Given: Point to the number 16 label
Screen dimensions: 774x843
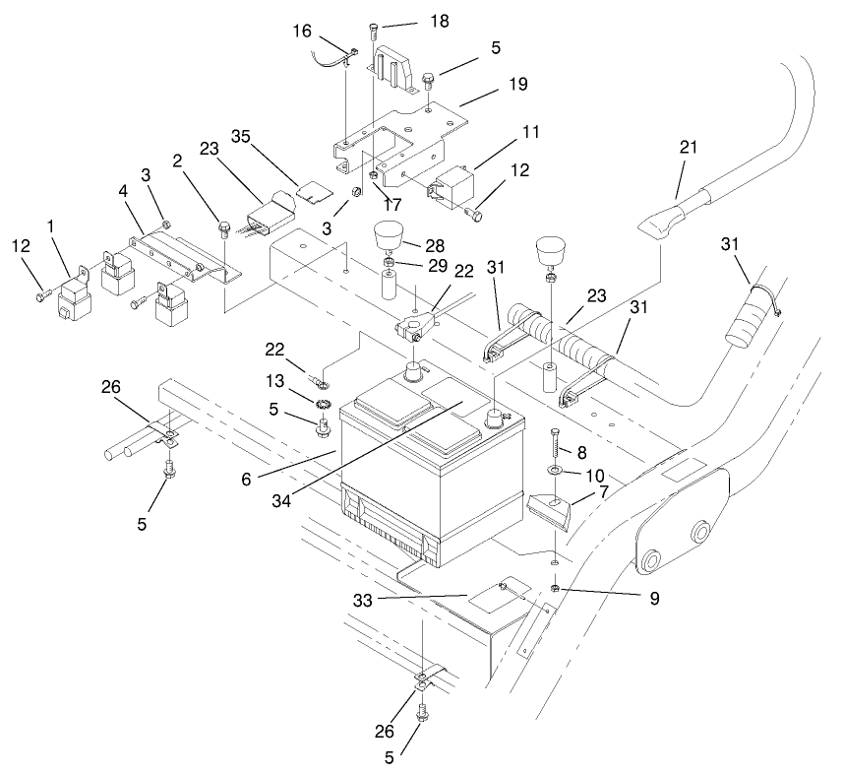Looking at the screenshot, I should [x=303, y=32].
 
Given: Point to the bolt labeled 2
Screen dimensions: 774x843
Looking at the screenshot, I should [x=225, y=232].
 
